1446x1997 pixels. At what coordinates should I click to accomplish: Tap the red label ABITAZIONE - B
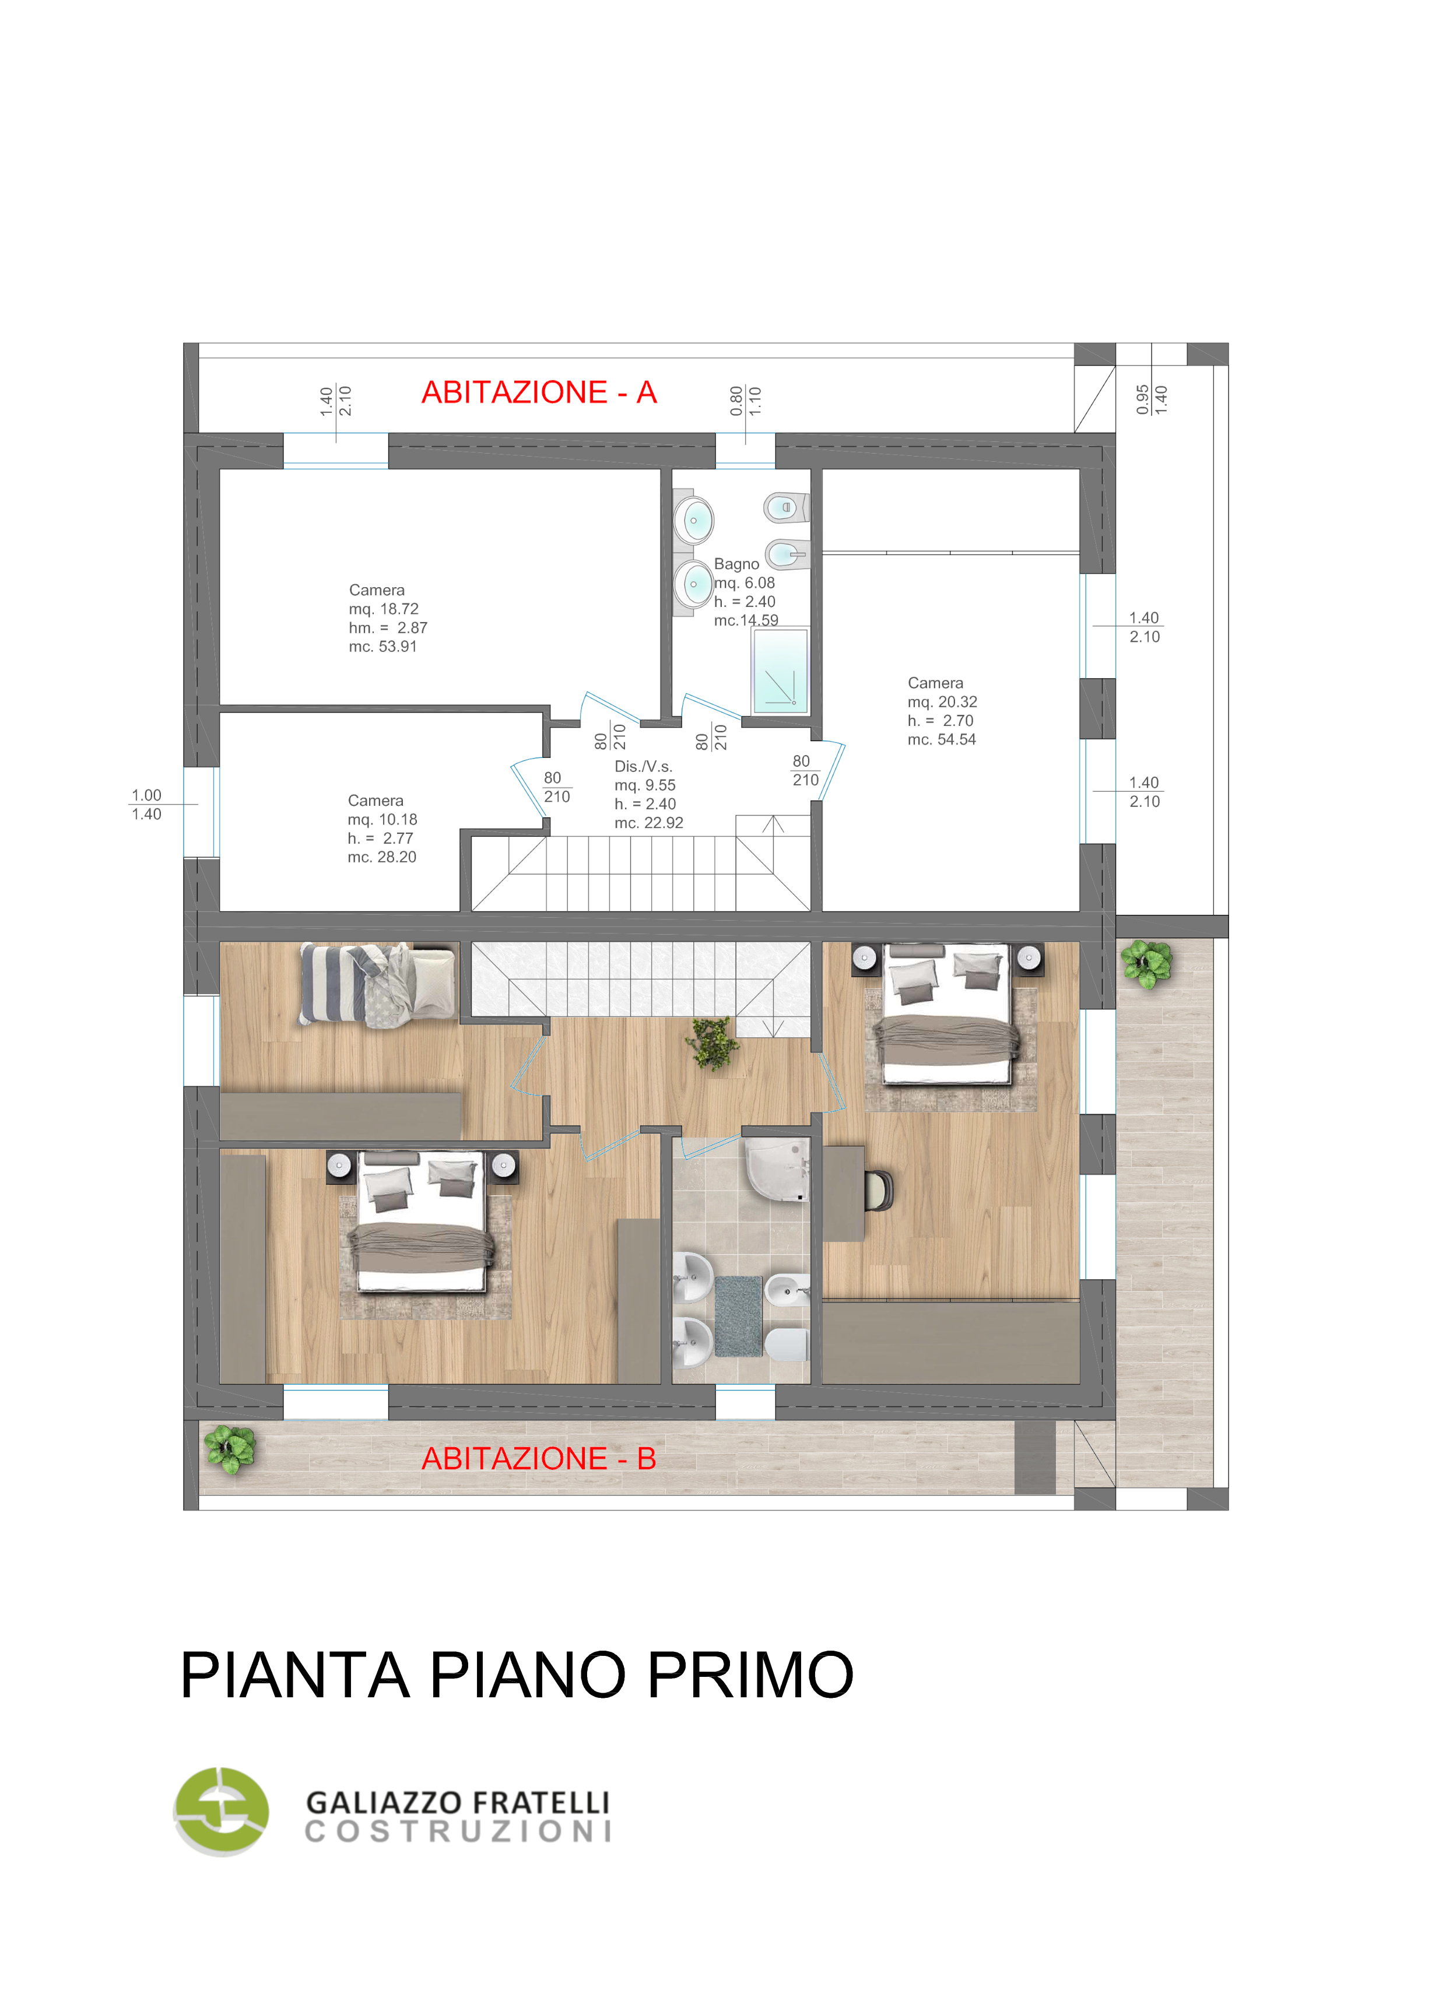click(x=539, y=1458)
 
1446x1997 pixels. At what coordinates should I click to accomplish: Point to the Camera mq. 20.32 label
click(x=942, y=711)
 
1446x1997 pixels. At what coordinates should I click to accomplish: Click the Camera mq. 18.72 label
click(x=388, y=618)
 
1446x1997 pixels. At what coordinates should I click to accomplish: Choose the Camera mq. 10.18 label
click(x=382, y=829)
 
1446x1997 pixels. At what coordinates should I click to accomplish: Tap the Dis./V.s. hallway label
click(x=649, y=794)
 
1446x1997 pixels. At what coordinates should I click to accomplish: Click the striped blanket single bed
click(x=378, y=984)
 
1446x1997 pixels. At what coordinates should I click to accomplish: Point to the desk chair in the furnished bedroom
click(x=879, y=1189)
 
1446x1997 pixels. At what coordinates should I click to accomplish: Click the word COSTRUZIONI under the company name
click(x=458, y=1831)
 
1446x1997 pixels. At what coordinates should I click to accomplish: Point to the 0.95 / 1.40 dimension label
click(x=1151, y=399)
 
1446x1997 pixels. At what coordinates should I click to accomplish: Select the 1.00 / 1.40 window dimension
click(x=146, y=805)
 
